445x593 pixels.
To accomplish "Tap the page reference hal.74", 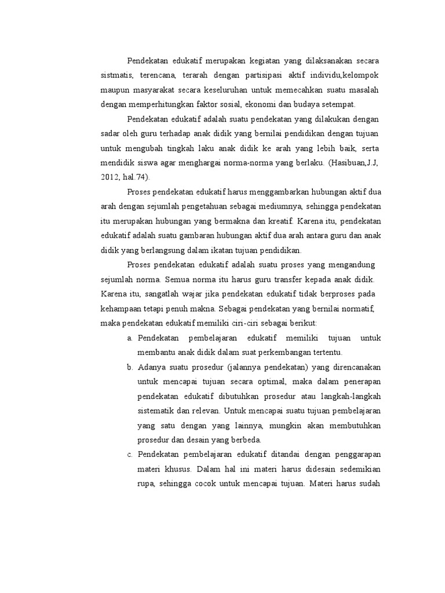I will (137, 178).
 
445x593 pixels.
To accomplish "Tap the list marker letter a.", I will (130, 338).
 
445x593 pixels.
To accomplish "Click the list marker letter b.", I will (130, 367).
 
